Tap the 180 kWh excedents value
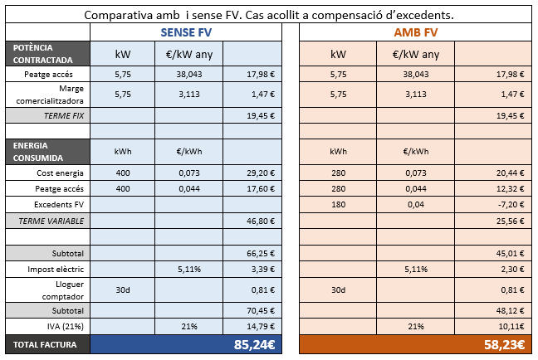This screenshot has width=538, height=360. tap(338, 203)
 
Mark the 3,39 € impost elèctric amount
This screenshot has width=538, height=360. tap(263, 270)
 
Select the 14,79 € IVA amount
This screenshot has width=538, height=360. tap(261, 326)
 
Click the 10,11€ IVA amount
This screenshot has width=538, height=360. tap(509, 326)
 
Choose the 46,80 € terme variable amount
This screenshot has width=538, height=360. tap(261, 220)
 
